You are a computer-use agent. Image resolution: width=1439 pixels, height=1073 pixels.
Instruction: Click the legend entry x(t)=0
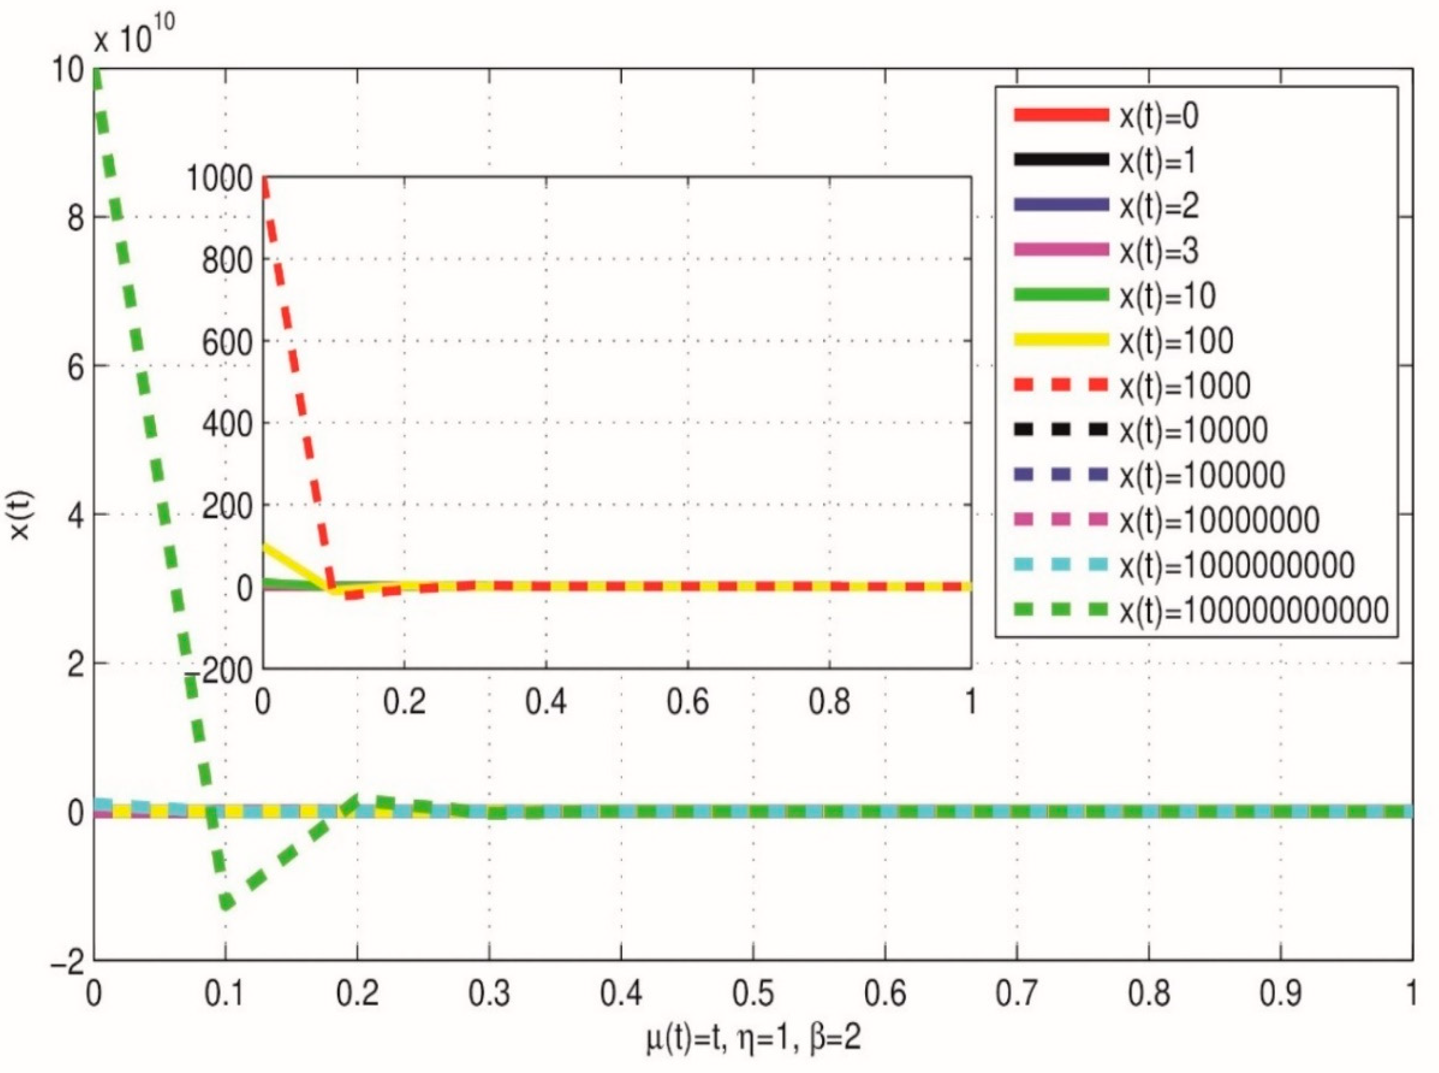click(1158, 116)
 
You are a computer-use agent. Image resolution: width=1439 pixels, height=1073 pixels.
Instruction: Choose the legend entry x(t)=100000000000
click(1253, 610)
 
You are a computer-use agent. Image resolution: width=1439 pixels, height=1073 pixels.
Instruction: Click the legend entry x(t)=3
click(1158, 251)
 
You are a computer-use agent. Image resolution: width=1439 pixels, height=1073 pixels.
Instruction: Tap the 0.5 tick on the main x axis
click(753, 994)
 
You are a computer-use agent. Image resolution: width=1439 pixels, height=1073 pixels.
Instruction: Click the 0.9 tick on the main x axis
click(1280, 994)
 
